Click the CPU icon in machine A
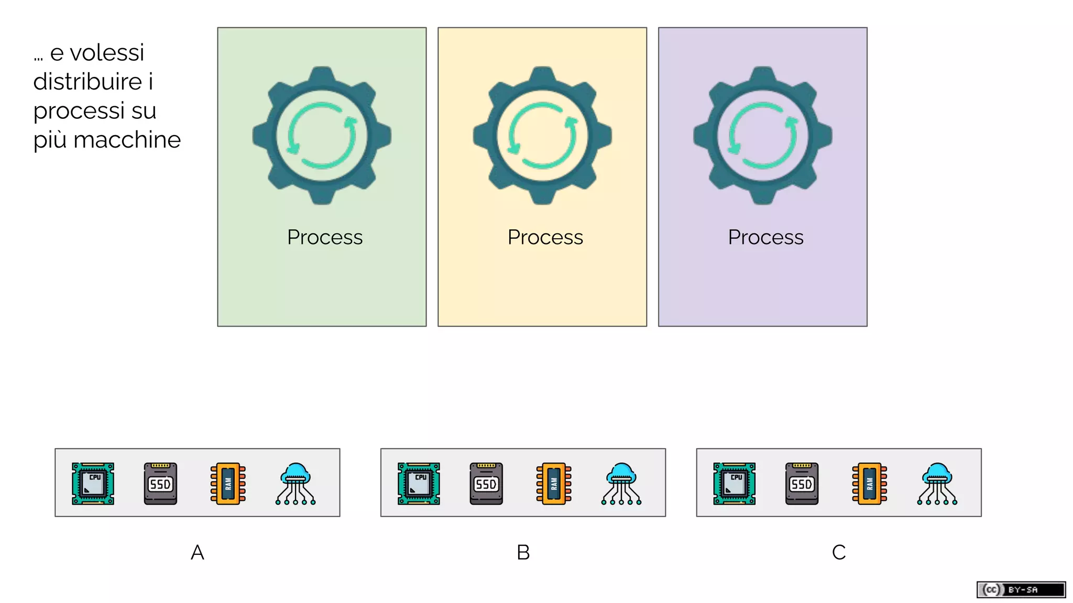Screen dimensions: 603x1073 pyautogui.click(x=93, y=483)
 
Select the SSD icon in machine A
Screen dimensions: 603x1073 pyautogui.click(x=160, y=483)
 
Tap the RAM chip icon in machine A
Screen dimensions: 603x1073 pyautogui.click(x=228, y=483)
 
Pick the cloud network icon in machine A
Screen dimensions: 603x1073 pyautogui.click(x=295, y=483)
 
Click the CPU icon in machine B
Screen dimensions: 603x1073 pyautogui.click(x=419, y=483)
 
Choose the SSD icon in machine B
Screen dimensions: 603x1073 pyautogui.click(x=486, y=483)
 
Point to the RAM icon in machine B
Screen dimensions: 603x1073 pyautogui.click(x=554, y=483)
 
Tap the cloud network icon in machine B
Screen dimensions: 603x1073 pyautogui.click(x=621, y=483)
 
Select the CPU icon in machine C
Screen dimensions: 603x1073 pyautogui.click(x=735, y=483)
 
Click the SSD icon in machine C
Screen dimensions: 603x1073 pyautogui.click(x=802, y=483)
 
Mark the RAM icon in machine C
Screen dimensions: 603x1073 pyautogui.click(x=869, y=483)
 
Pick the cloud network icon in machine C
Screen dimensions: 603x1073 pyautogui.click(x=937, y=483)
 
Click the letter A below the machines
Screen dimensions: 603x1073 pyautogui.click(x=198, y=552)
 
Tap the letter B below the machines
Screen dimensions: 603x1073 pyautogui.click(x=523, y=552)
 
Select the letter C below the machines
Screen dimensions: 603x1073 pyautogui.click(x=839, y=552)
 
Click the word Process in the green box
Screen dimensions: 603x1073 pyautogui.click(x=325, y=237)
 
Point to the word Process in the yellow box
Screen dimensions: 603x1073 pyautogui.click(x=545, y=237)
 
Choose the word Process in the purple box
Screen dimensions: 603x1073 pyautogui.click(x=765, y=237)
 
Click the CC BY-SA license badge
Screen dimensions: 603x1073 pyautogui.click(x=1021, y=589)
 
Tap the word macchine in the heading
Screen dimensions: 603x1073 pyautogui.click(x=127, y=140)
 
